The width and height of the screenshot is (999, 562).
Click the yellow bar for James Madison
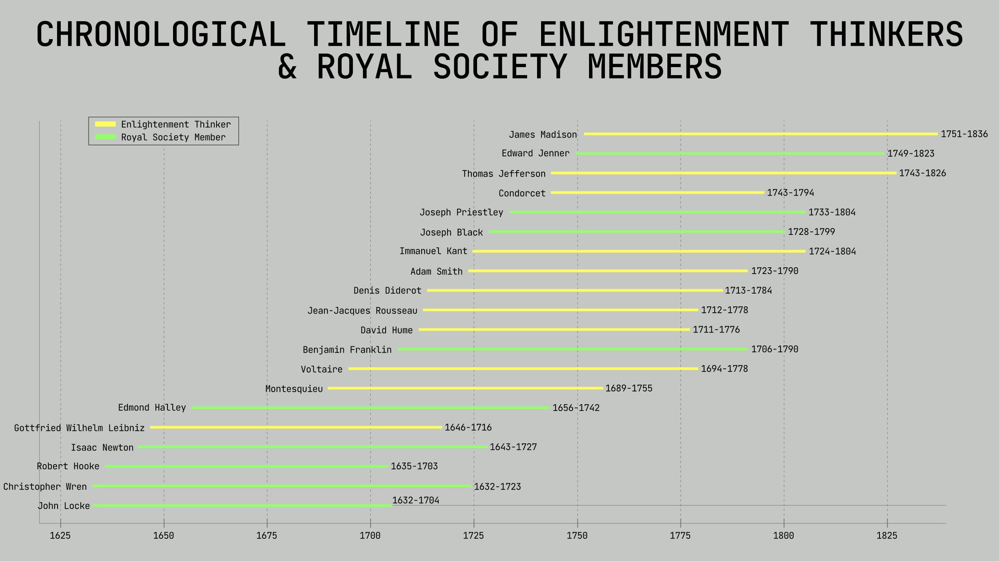pyautogui.click(x=760, y=134)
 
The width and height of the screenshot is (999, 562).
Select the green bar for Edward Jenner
pyautogui.click(x=730, y=153)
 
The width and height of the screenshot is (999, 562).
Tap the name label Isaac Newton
pyautogui.click(x=102, y=447)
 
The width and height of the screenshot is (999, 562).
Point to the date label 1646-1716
pyautogui.click(x=468, y=427)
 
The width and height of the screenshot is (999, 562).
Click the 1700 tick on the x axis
pyautogui.click(x=370, y=536)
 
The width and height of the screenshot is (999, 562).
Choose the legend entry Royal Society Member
pyautogui.click(x=173, y=137)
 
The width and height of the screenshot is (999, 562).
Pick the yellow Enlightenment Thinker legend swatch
pyautogui.click(x=105, y=124)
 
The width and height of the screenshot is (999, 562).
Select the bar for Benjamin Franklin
pyautogui.click(x=573, y=349)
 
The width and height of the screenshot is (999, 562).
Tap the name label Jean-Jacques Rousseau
pyautogui.click(x=362, y=310)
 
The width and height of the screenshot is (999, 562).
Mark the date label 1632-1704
pyautogui.click(x=416, y=500)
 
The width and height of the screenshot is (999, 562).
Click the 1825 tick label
pyautogui.click(x=887, y=536)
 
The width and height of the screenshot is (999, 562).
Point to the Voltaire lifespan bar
pyautogui.click(x=523, y=369)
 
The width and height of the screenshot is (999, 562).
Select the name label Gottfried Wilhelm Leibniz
pyautogui.click(x=79, y=428)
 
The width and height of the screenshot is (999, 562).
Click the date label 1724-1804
pyautogui.click(x=832, y=251)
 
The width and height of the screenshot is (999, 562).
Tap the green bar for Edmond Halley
pyautogui.click(x=370, y=408)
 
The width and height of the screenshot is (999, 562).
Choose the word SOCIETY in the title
pyautogui.click(x=500, y=67)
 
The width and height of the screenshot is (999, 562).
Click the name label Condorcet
pyautogui.click(x=522, y=193)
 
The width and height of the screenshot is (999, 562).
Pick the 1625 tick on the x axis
pyautogui.click(x=60, y=536)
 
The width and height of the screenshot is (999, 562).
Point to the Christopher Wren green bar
pyautogui.click(x=282, y=486)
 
